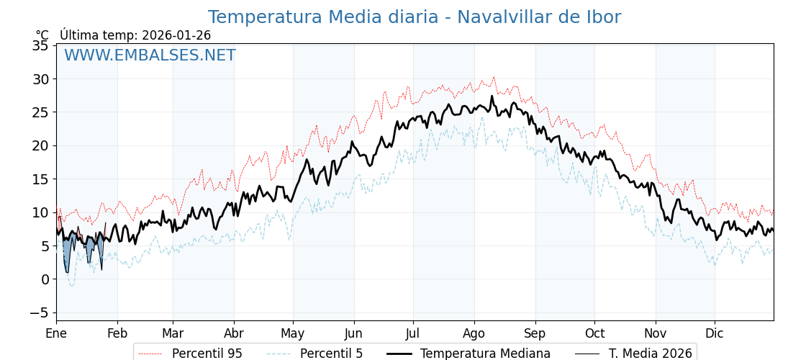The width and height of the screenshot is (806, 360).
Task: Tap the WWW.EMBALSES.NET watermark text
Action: coord(150,55)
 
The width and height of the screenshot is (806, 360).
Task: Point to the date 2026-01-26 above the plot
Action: coord(176,35)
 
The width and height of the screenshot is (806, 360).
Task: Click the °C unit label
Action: coord(42,35)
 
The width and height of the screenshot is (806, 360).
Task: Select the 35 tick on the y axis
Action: coord(40,46)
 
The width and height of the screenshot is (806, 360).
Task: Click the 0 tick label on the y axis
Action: coord(45,279)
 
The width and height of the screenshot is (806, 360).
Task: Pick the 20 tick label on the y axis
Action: coord(40,145)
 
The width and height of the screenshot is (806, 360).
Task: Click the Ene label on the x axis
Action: coord(56,334)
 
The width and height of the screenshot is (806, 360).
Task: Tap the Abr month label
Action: coord(233,334)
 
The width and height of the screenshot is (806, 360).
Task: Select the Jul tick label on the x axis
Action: coord(413,334)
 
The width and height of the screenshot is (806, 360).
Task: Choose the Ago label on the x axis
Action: coord(474,334)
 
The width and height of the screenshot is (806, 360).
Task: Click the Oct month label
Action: coord(594,334)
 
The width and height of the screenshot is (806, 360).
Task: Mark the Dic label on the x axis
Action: coord(715,334)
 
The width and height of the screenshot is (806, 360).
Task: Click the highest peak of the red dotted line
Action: coord(494,77)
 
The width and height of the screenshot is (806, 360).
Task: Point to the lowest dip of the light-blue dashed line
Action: coord(71,286)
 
